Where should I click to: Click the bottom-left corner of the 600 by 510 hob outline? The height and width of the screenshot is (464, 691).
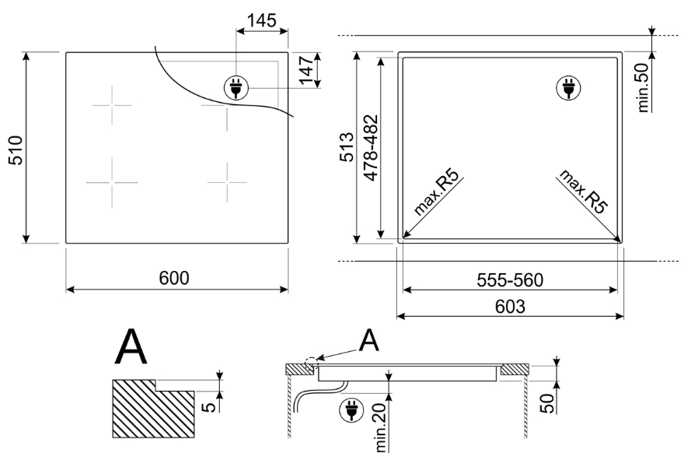(66, 243)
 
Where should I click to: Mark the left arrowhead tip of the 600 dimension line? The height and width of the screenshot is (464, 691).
(66, 290)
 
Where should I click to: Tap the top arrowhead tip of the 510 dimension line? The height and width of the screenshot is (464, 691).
(26, 52)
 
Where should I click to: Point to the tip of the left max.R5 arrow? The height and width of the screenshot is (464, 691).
(403, 239)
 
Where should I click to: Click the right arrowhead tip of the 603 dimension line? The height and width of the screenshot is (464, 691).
(623, 316)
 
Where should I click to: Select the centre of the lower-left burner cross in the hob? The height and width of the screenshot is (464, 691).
(112, 182)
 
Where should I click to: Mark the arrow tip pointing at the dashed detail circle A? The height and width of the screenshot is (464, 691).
(317, 358)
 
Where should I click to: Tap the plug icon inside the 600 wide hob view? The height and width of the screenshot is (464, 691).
(236, 87)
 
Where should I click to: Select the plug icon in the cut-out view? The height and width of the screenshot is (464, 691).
(568, 87)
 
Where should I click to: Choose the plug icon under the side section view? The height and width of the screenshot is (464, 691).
(351, 410)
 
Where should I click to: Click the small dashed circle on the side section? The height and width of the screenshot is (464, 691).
(311, 363)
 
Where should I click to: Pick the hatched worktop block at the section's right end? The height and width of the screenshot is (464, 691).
(515, 370)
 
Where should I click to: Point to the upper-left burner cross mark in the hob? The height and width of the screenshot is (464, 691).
(112, 105)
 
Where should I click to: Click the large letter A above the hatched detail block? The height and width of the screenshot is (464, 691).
(131, 346)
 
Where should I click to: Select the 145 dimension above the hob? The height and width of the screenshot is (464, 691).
(262, 20)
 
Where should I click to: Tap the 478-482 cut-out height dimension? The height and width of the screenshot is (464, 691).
(372, 147)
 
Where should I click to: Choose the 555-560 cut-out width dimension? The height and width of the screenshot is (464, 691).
(511, 280)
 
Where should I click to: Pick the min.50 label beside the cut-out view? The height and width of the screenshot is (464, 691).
(644, 87)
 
